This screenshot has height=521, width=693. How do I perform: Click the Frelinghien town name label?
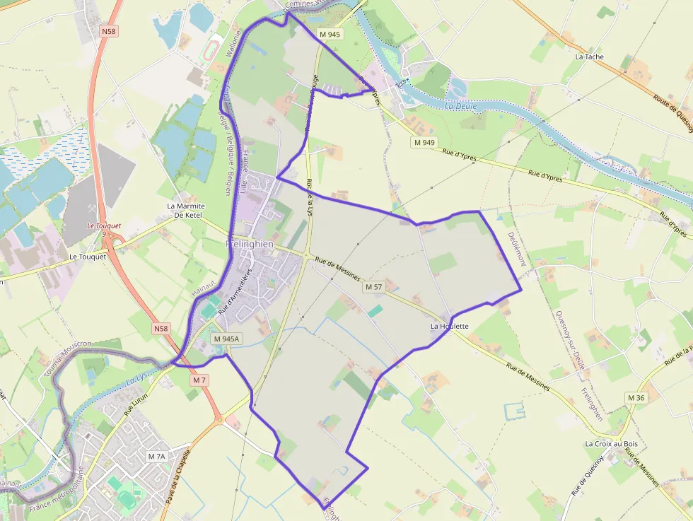coord(249,244)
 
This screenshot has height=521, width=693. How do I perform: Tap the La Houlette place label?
coord(450,327)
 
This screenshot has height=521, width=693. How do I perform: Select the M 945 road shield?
coord(330,34)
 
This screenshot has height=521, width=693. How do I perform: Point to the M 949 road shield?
coord(424,143)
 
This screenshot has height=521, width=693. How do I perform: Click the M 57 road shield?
coord(373,287)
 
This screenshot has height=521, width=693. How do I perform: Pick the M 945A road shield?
coord(226,339)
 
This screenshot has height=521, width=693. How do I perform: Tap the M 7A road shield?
coord(156,457)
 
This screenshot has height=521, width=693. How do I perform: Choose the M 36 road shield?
coord(636,398)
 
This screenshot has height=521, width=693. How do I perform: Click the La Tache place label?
coord(590,57)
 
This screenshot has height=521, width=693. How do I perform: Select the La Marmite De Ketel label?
coord(185,210)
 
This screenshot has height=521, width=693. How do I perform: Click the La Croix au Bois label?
coord(611,444)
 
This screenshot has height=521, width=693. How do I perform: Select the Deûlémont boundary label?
coord(516,249)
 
